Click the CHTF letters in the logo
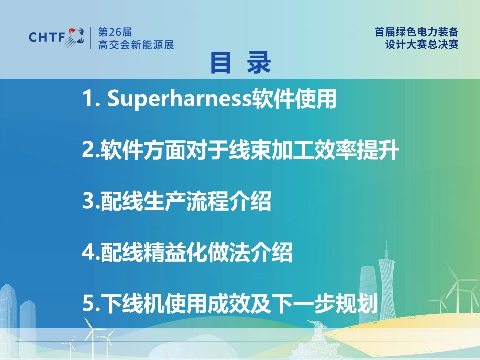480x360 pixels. point(47,37)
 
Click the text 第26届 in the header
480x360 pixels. point(115,32)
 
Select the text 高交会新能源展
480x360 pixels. point(136,44)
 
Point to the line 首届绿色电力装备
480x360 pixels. point(417,32)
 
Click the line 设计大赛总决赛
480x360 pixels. point(422,44)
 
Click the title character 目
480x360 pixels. point(220,63)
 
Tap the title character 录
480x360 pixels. point(259,63)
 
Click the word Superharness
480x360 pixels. point(179,99)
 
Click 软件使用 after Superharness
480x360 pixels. point(294,99)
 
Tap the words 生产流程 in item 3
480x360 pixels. point(186,201)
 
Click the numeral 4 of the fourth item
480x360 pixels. point(88,252)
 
